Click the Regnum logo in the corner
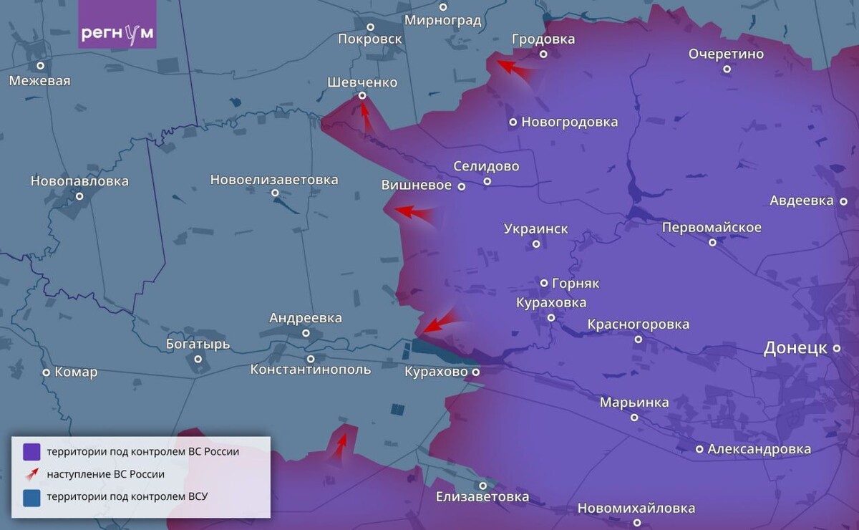tap(117, 33)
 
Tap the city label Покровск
tap(370, 39)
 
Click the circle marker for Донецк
tap(836, 349)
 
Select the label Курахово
tap(436, 372)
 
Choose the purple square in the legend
tap(31, 452)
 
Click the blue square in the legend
tap(31, 497)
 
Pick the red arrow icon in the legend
tap(31, 474)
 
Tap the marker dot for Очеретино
tap(727, 69)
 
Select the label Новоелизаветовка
tap(274, 180)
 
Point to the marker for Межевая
tap(41, 66)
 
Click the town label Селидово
tap(486, 166)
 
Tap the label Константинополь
tap(311, 370)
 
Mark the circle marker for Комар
tap(47, 372)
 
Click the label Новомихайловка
tap(636, 509)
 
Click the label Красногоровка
tap(639, 324)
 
